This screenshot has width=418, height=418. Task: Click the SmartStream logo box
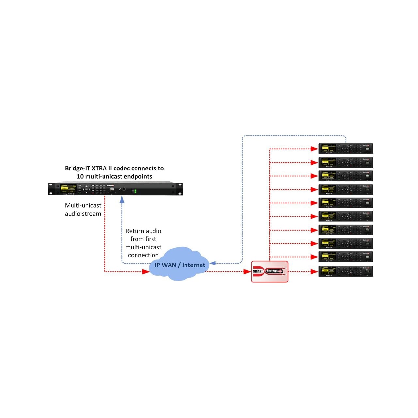(269, 271)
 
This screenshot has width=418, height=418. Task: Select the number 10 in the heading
(80, 177)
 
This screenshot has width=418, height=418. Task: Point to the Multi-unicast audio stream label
(83, 209)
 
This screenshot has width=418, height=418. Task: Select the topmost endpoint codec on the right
(346, 149)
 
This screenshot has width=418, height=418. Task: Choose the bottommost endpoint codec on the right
(346, 271)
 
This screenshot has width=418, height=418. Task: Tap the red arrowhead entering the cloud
(146, 271)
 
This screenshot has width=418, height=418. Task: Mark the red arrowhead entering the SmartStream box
(247, 271)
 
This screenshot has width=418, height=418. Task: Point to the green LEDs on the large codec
(135, 191)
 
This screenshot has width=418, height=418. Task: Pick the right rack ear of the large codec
(180, 189)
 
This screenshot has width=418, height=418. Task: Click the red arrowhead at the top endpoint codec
(314, 149)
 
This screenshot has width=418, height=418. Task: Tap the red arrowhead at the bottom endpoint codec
(314, 271)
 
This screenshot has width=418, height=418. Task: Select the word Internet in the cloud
(194, 265)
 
